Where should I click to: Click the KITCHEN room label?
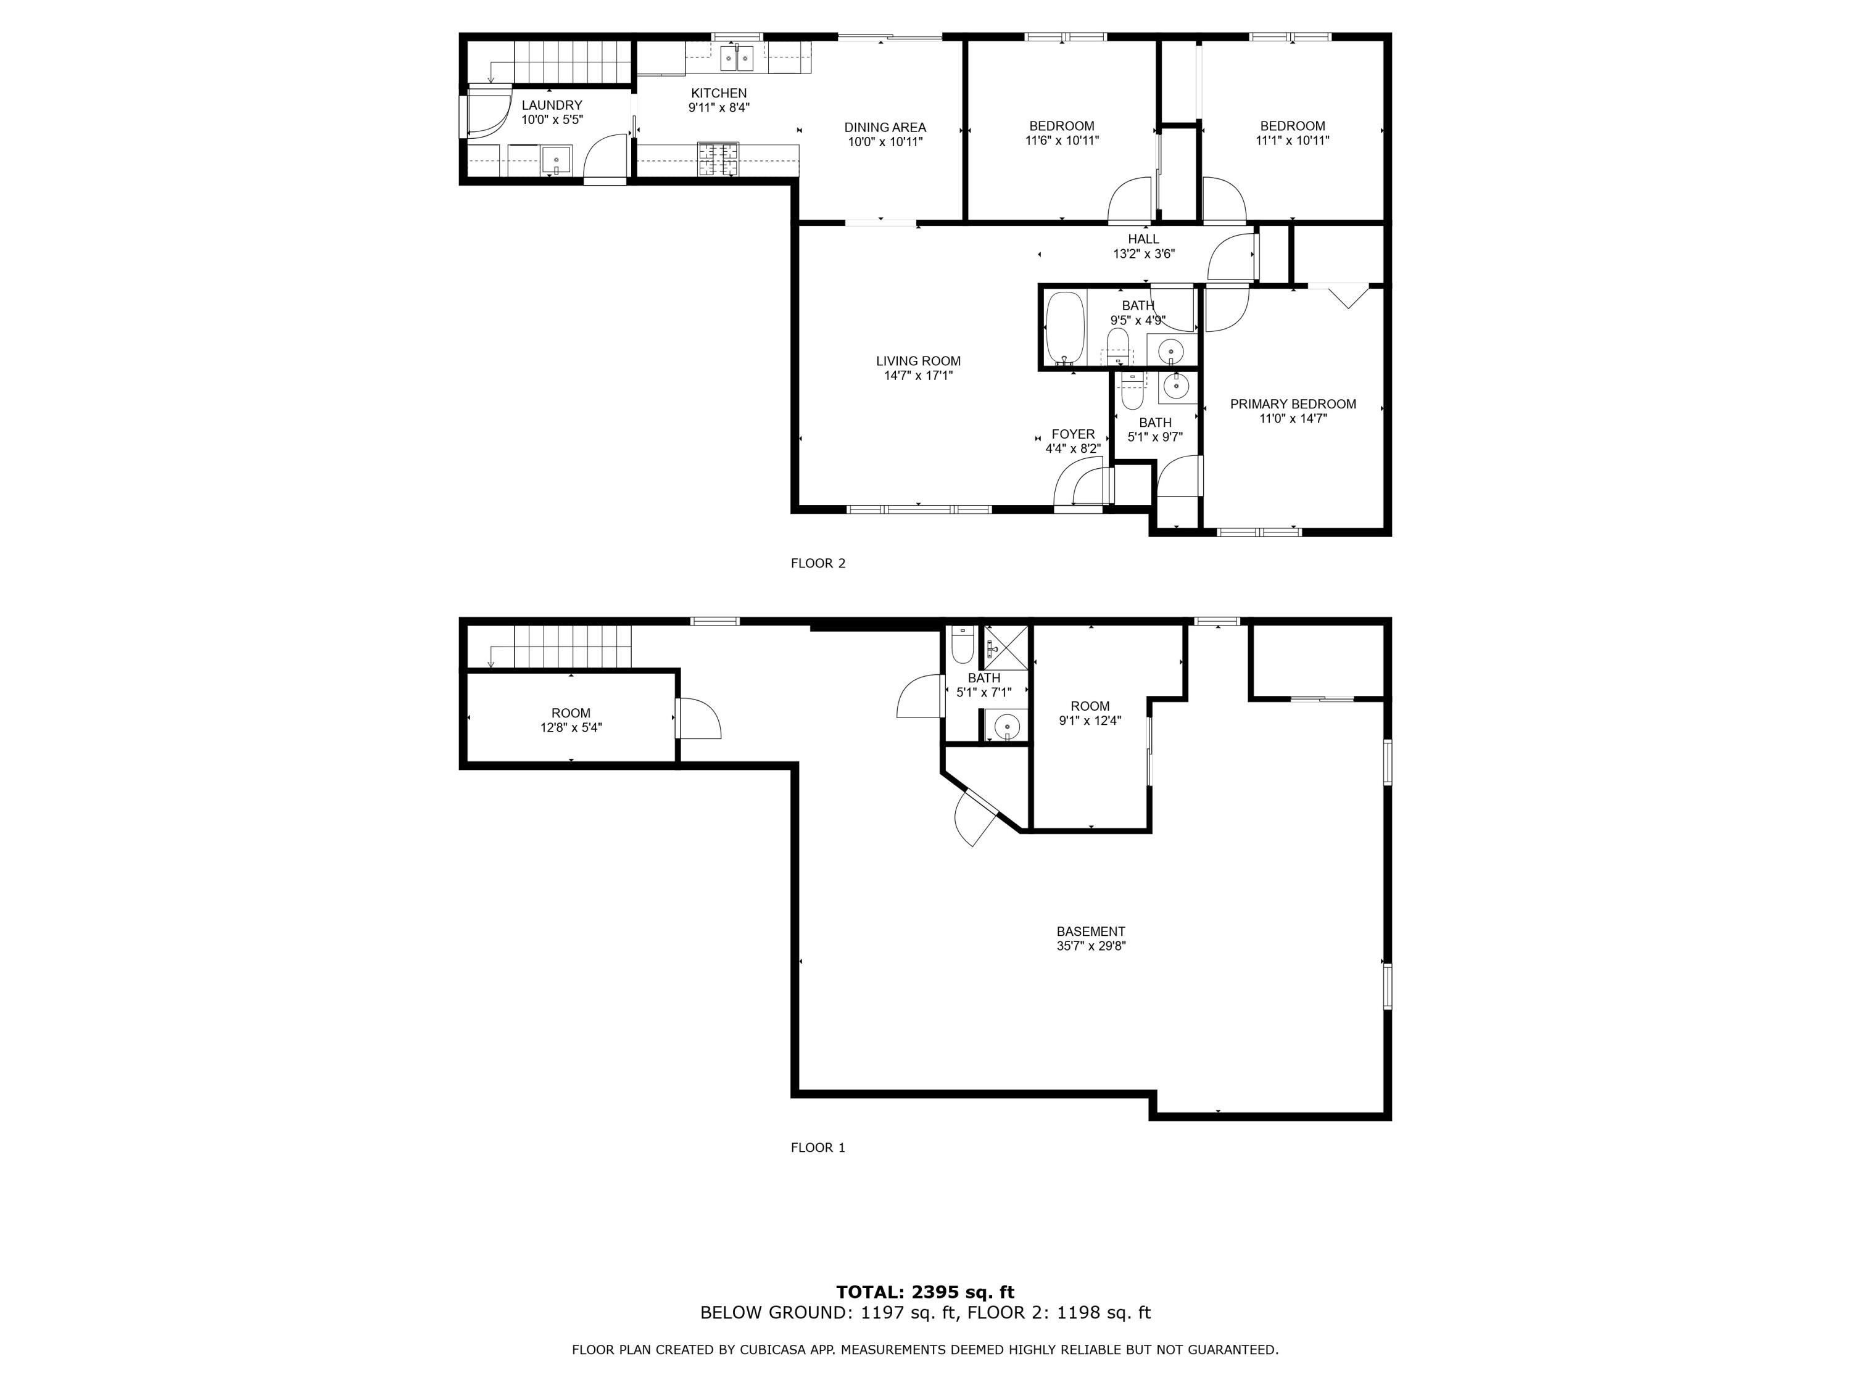click(718, 93)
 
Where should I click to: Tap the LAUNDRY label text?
click(552, 105)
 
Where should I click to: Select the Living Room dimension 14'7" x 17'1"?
click(918, 376)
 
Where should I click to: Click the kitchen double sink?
click(736, 59)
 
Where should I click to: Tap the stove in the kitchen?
click(719, 159)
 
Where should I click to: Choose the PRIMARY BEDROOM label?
click(1293, 404)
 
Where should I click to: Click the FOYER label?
click(1073, 434)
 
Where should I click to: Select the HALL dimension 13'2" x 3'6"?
click(1143, 254)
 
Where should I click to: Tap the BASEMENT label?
click(1090, 931)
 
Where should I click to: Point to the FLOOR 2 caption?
click(818, 563)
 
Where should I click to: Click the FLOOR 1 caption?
click(818, 1147)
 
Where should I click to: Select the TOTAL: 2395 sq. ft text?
click(925, 1292)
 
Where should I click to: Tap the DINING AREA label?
click(885, 127)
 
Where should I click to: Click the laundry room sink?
click(556, 160)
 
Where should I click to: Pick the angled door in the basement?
click(975, 817)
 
